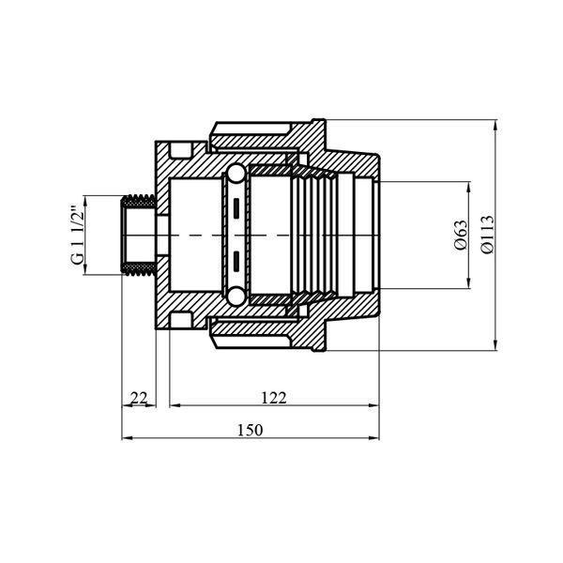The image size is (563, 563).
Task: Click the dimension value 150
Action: (x=250, y=430)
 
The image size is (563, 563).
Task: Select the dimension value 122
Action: (x=274, y=398)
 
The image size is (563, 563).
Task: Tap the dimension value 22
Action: (x=139, y=398)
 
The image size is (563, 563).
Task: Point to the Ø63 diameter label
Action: (x=462, y=236)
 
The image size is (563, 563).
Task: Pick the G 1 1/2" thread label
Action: (x=78, y=236)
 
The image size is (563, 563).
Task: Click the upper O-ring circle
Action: (x=236, y=174)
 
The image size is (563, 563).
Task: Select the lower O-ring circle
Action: (x=236, y=297)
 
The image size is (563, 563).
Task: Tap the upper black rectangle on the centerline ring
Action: (x=236, y=208)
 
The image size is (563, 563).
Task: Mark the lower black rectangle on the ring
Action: (x=236, y=262)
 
